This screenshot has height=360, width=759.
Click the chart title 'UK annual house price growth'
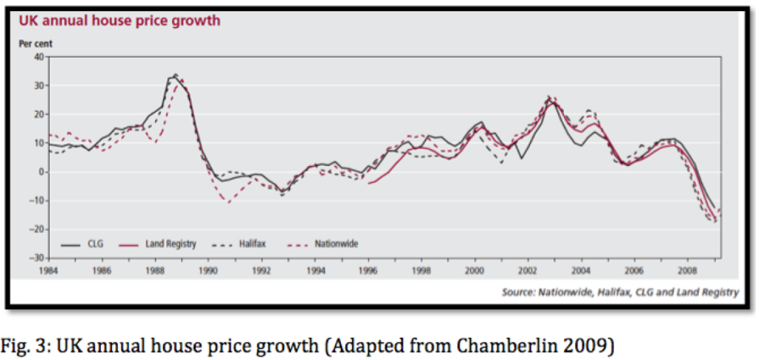[x=119, y=21]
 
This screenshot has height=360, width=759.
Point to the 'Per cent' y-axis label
[x=36, y=43]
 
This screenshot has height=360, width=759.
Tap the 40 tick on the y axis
[x=41, y=56]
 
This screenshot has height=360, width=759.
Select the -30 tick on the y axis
[x=38, y=258]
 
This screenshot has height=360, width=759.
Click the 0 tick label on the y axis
[x=43, y=172]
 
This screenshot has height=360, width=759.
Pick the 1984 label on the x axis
[x=49, y=270]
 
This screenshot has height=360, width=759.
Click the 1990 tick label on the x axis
[x=209, y=270]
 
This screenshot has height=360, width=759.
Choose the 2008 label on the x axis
[x=689, y=270]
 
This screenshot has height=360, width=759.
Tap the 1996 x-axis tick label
[x=368, y=270]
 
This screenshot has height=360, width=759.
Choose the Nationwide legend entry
[x=337, y=242]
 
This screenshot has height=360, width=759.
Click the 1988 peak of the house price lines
[x=175, y=75]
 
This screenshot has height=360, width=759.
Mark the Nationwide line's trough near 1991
[x=229, y=202]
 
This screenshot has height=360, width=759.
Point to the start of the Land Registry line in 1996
[x=368, y=183]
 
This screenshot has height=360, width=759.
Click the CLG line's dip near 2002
[x=522, y=158]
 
